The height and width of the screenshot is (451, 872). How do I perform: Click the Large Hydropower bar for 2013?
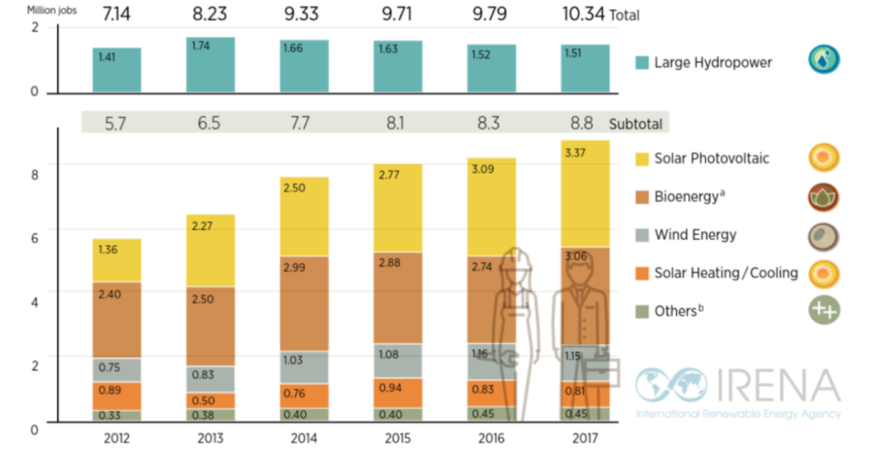[210, 65]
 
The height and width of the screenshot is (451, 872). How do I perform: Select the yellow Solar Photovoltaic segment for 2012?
[117, 260]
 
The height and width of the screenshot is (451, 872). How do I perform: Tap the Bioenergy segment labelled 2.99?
[304, 303]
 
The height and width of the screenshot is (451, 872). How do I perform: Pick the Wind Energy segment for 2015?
[398, 360]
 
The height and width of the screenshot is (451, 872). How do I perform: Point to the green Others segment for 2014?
[304, 414]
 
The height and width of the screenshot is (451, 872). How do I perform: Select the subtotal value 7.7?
[304, 123]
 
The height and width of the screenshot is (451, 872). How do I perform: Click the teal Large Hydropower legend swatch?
[643, 62]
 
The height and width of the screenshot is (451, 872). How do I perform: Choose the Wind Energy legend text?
[695, 235]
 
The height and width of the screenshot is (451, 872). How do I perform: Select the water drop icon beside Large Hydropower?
[824, 60]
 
